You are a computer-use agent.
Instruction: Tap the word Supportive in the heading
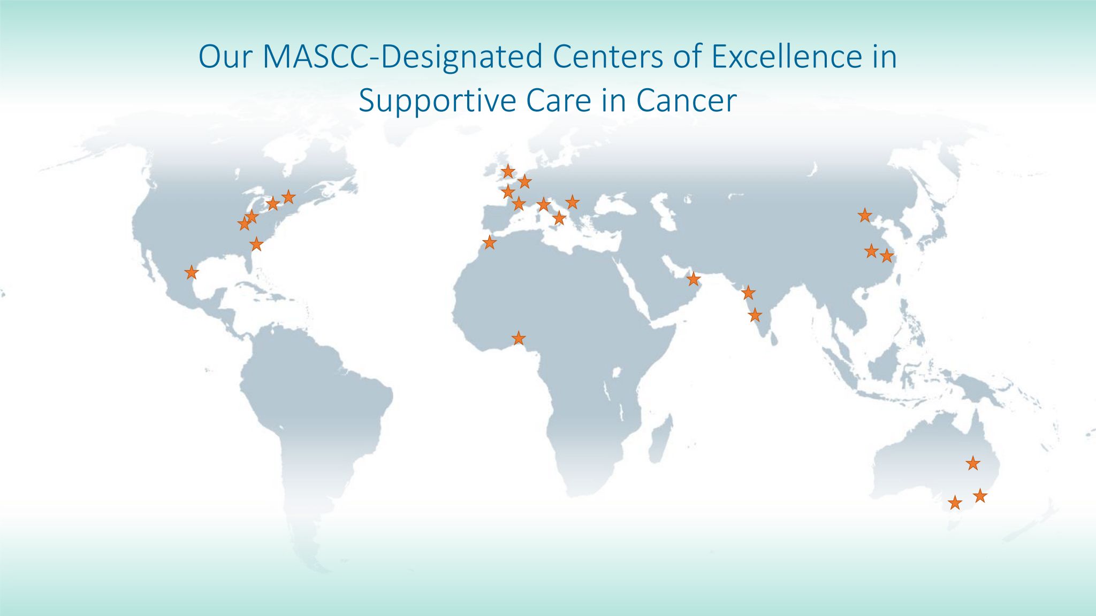pos(435,101)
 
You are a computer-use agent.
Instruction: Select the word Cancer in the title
pos(686,101)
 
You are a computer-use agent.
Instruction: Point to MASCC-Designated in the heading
pos(404,57)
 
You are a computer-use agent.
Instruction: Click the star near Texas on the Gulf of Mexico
pos(192,273)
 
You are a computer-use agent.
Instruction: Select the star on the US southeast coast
pos(257,244)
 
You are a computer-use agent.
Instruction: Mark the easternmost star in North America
pos(288,197)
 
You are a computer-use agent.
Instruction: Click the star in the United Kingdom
pos(508,172)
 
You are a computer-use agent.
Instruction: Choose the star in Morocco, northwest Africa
pos(490,243)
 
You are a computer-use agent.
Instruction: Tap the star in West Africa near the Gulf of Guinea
pos(519,338)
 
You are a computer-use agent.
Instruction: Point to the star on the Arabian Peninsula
pos(694,279)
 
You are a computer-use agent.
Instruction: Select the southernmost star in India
pos(755,315)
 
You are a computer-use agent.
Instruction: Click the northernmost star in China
pos(865,215)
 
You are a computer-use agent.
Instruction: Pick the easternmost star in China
pos(887,256)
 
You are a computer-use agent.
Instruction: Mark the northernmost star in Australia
pos(973,463)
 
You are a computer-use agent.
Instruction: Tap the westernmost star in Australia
pos(955,503)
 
